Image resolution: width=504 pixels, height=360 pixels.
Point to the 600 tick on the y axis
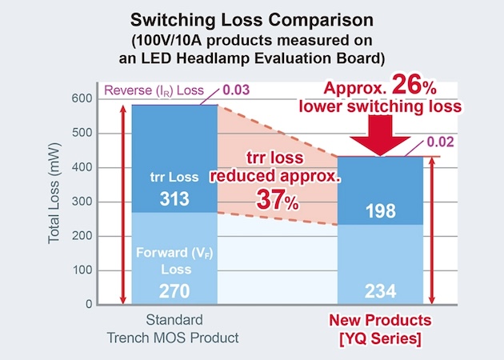tap(82, 98)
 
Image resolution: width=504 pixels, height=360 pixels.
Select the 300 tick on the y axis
tap(82, 202)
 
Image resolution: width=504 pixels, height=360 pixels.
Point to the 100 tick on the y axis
tap(82, 270)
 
